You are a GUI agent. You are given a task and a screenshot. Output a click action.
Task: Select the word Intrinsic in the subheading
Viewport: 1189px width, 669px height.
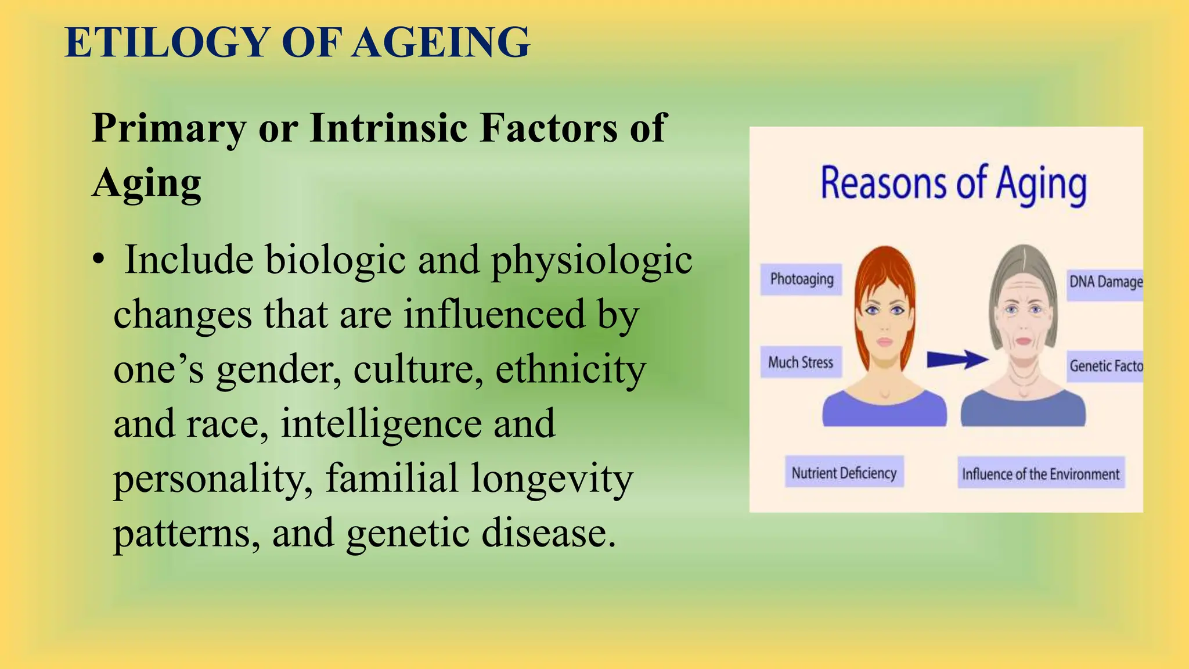click(388, 128)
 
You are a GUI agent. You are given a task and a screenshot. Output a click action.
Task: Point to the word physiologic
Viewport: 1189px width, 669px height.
click(592, 261)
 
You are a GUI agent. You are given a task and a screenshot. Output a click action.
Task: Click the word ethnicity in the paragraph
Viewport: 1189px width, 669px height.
click(570, 369)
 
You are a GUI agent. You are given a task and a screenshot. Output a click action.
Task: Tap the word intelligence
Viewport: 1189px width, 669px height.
click(381, 424)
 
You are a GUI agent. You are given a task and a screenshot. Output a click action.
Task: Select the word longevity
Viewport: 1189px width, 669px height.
click(552, 479)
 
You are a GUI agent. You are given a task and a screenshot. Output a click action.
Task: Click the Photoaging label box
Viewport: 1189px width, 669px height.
click(801, 279)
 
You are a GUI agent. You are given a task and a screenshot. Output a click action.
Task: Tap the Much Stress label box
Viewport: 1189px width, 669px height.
click(801, 362)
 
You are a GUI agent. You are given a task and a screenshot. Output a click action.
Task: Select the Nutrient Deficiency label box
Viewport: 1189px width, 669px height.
click(844, 473)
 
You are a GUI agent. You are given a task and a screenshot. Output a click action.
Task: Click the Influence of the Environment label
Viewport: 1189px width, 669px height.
click(1040, 474)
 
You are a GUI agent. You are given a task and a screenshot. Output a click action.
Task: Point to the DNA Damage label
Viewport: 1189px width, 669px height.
click(1105, 282)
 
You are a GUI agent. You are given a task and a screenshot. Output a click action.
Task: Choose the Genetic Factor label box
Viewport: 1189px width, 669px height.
click(1105, 366)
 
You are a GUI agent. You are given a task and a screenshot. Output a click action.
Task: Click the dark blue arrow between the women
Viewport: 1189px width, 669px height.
click(957, 359)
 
